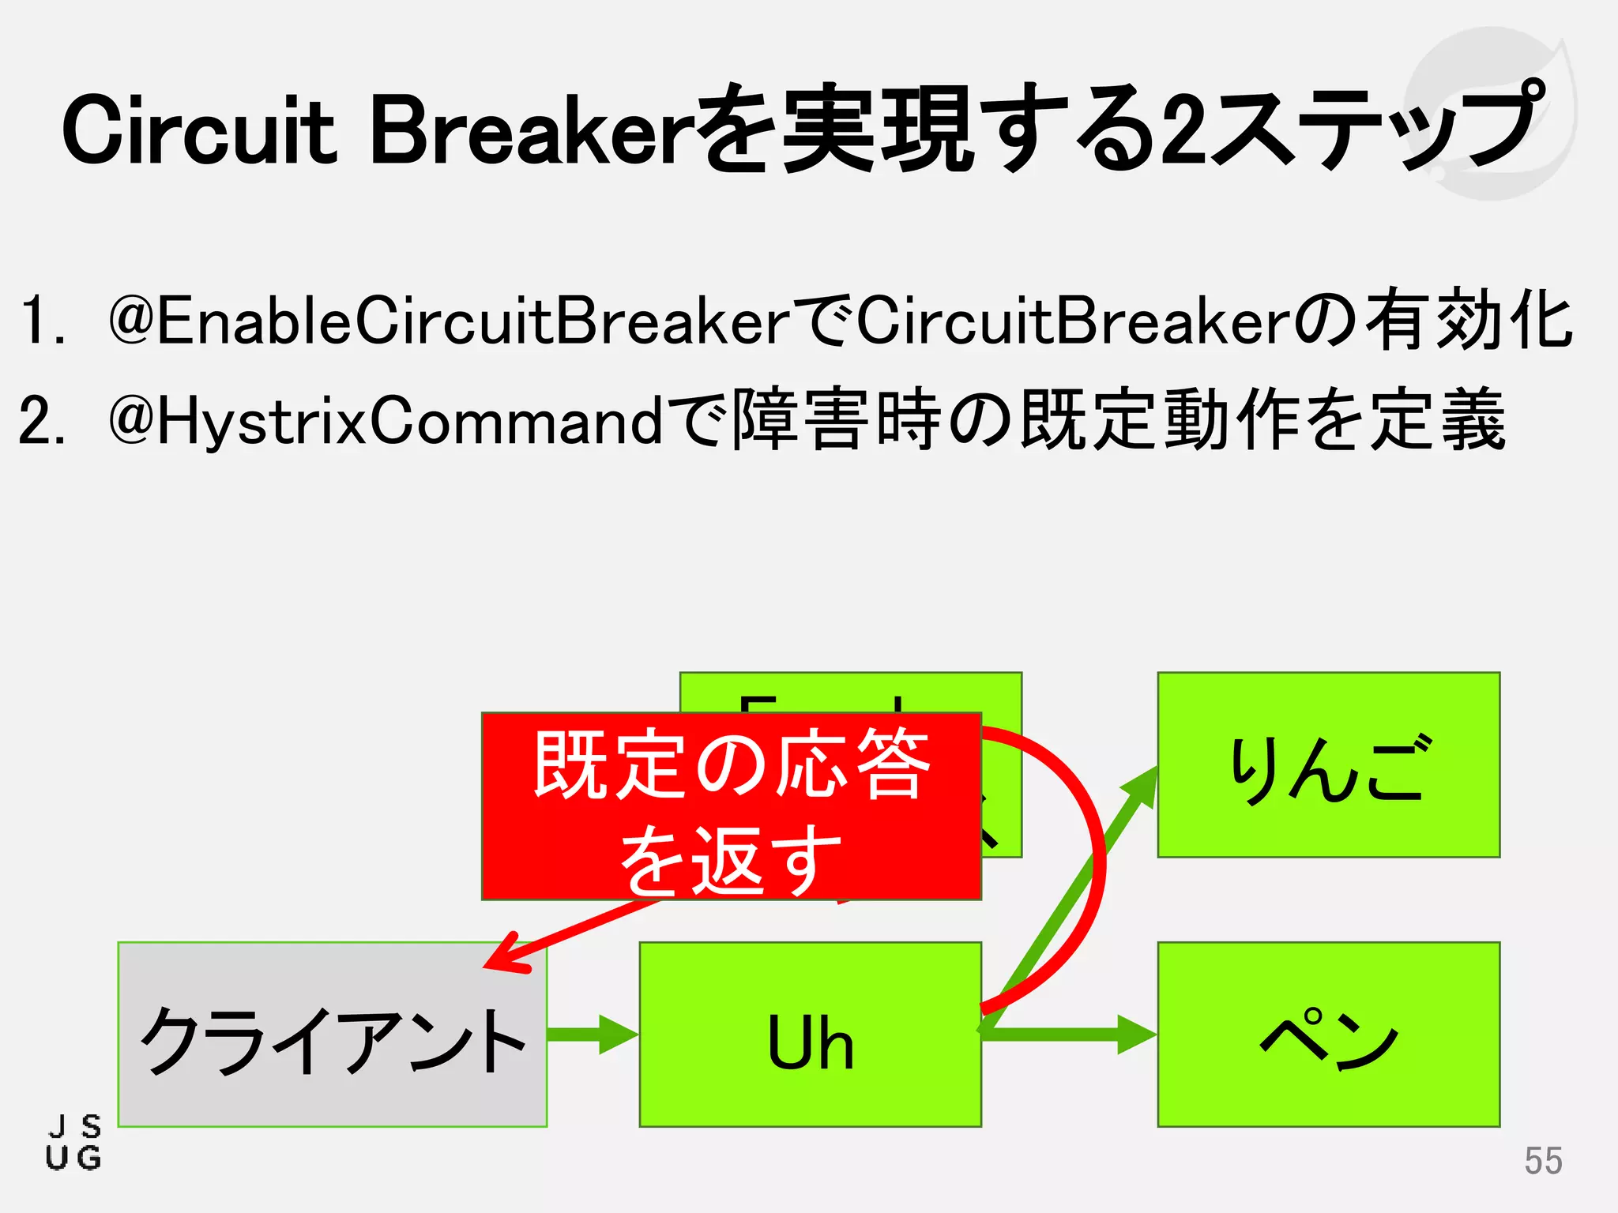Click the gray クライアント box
pyautogui.click(x=332, y=1035)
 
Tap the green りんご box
pyautogui.click(x=1328, y=764)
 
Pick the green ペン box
pyautogui.click(x=1328, y=1035)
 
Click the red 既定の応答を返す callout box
pyautogui.click(x=731, y=806)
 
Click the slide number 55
pyautogui.click(x=1543, y=1161)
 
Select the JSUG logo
pyautogui.click(x=73, y=1143)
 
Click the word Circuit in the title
pyautogui.click(x=198, y=130)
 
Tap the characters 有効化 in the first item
pyautogui.click(x=1469, y=320)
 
